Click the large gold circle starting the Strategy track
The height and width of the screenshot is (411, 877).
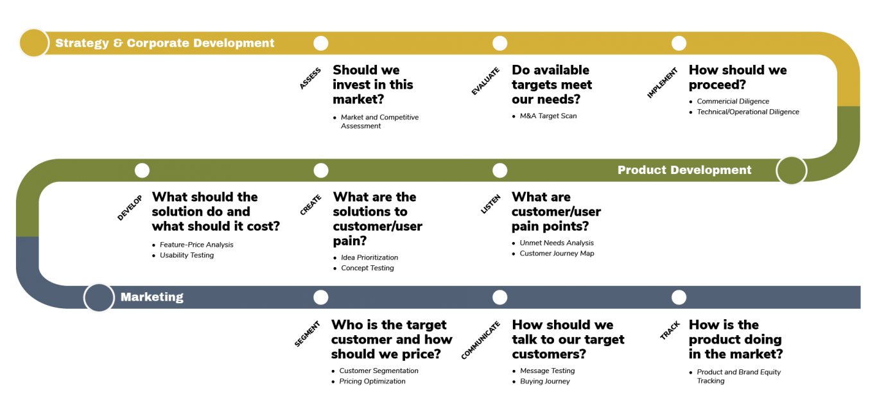click(x=34, y=43)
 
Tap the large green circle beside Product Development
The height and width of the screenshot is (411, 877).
click(x=791, y=170)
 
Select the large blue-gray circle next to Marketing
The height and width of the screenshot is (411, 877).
click(x=99, y=297)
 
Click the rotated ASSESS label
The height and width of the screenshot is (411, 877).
click(x=310, y=78)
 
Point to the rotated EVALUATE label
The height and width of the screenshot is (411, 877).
click(x=485, y=81)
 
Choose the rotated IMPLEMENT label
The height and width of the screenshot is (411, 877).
click(x=662, y=82)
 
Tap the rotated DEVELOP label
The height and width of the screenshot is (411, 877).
click(x=130, y=207)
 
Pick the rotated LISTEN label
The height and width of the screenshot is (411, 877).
click(x=491, y=204)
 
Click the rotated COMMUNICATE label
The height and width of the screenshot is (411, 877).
click(x=481, y=340)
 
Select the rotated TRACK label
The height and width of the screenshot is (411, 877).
click(x=670, y=330)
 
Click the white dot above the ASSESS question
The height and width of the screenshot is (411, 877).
click(x=320, y=43)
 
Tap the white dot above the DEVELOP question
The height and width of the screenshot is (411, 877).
click(x=142, y=170)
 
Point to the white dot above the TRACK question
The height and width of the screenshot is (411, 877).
click(x=679, y=297)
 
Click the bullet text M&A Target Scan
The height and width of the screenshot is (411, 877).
click(x=548, y=116)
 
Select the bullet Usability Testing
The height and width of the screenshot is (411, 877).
click(x=187, y=256)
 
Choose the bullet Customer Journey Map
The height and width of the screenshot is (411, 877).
click(x=557, y=254)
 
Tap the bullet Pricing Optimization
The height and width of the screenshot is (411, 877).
click(x=372, y=381)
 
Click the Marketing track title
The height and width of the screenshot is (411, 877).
click(x=152, y=297)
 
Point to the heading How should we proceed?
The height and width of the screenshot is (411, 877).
click(x=738, y=77)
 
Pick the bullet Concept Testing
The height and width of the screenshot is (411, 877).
click(x=367, y=268)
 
